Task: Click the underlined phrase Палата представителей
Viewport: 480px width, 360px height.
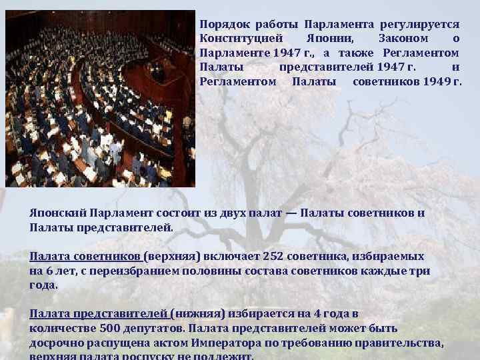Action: coord(98,314)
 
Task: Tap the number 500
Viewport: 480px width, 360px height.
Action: coord(110,329)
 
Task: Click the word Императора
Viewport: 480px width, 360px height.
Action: coord(221,343)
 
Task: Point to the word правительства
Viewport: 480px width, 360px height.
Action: coord(405,343)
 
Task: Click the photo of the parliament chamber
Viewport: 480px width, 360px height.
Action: coord(100,98)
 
